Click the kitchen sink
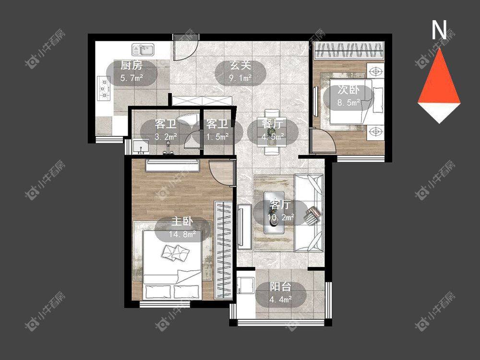[x=143, y=50]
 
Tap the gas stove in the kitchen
[x=104, y=88]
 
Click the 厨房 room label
[x=132, y=65]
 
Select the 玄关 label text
[x=240, y=65]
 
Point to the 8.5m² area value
[x=348, y=102]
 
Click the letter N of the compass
[x=439, y=30]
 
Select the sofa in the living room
[x=309, y=213]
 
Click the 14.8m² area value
[x=182, y=235]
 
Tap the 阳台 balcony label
[x=280, y=287]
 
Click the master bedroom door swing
[x=221, y=172]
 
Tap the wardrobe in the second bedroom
[x=348, y=50]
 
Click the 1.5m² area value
[x=217, y=137]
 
